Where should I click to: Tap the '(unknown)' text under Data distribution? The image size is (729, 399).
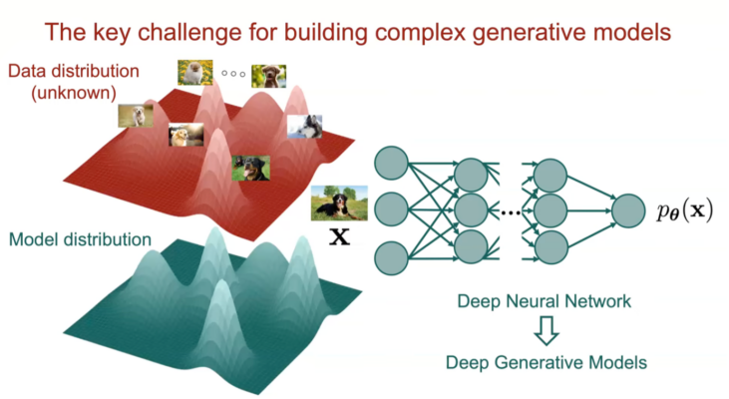point(63,93)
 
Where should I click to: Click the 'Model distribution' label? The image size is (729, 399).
point(80,239)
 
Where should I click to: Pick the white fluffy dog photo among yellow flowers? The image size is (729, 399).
point(195,72)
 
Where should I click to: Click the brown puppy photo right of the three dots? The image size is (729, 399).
point(269,76)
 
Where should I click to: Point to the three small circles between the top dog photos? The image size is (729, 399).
point(233,74)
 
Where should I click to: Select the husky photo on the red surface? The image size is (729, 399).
point(304,127)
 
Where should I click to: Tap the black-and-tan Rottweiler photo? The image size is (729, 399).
point(250,168)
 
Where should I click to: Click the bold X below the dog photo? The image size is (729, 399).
point(339,238)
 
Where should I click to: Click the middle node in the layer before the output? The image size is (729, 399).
point(550,210)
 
